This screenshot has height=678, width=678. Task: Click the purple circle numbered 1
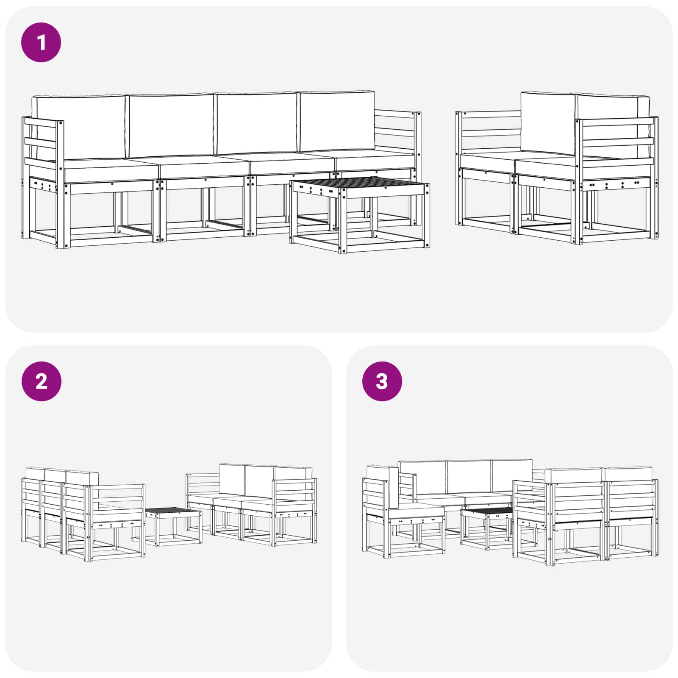pyautogui.click(x=41, y=42)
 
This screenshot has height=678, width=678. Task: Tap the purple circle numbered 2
pyautogui.click(x=41, y=381)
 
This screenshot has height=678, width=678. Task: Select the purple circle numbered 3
pyautogui.click(x=382, y=381)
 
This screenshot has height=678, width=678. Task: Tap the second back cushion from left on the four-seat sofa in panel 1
pyautogui.click(x=171, y=125)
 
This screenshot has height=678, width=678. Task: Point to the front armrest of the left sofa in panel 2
pyautogui.click(x=117, y=498)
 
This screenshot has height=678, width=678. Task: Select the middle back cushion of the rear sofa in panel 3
pyautogui.click(x=469, y=477)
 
